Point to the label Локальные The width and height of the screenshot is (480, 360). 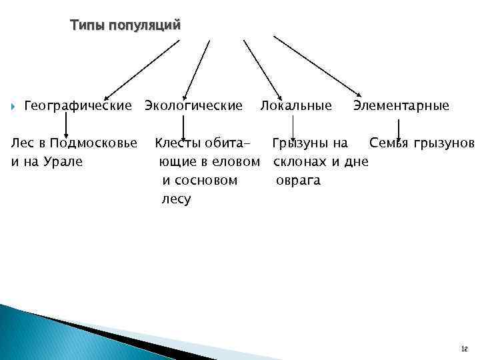(295, 105)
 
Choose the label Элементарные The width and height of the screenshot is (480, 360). (401, 105)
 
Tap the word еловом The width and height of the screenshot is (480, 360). (235, 161)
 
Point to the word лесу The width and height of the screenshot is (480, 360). (176, 199)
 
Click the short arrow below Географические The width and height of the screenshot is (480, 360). (65, 124)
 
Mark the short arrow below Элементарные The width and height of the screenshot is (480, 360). (398, 129)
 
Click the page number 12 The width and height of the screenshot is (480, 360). (464, 348)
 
